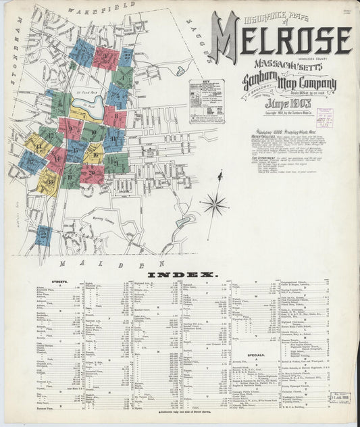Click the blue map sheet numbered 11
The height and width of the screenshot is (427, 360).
click(x=113, y=140)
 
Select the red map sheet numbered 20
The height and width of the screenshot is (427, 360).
click(x=92, y=174)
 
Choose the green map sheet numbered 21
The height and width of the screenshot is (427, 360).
click(x=116, y=162)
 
